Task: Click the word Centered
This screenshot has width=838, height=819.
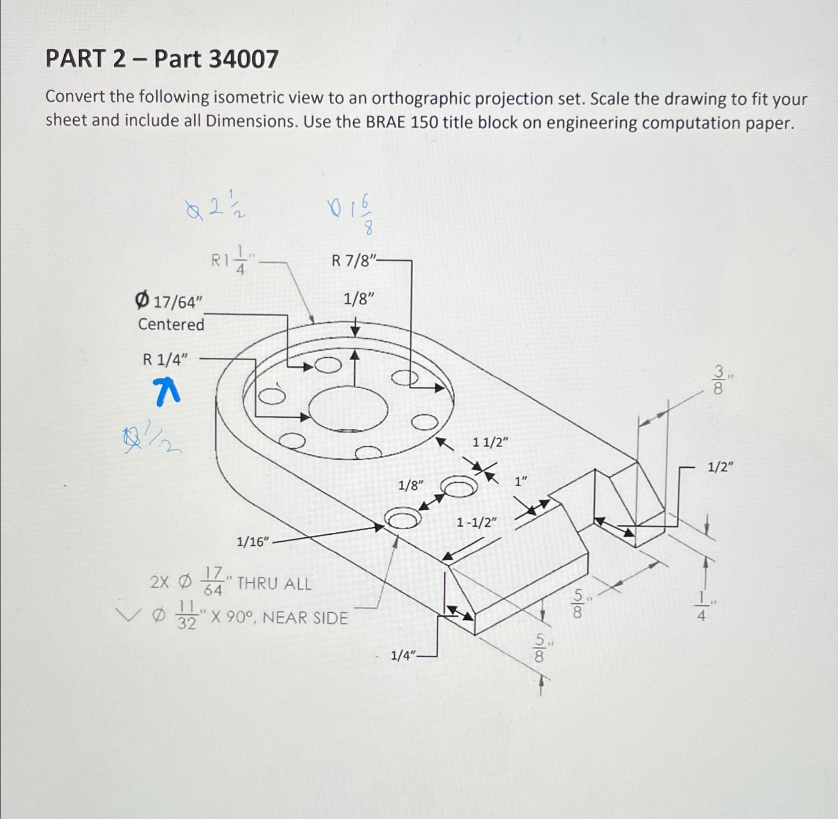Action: tap(171, 324)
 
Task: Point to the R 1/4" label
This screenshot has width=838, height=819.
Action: tap(165, 360)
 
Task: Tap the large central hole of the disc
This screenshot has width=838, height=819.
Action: tap(349, 409)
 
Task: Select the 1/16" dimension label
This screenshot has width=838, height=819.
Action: tap(253, 542)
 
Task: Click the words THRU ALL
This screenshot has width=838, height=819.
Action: tap(274, 584)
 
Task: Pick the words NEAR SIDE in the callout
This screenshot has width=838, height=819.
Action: tap(304, 618)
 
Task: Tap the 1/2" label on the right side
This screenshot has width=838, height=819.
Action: tap(721, 467)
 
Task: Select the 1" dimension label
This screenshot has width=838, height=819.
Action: tap(521, 482)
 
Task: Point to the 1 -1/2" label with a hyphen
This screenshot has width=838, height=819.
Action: tap(476, 523)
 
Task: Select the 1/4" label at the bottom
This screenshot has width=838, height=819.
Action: tap(403, 656)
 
